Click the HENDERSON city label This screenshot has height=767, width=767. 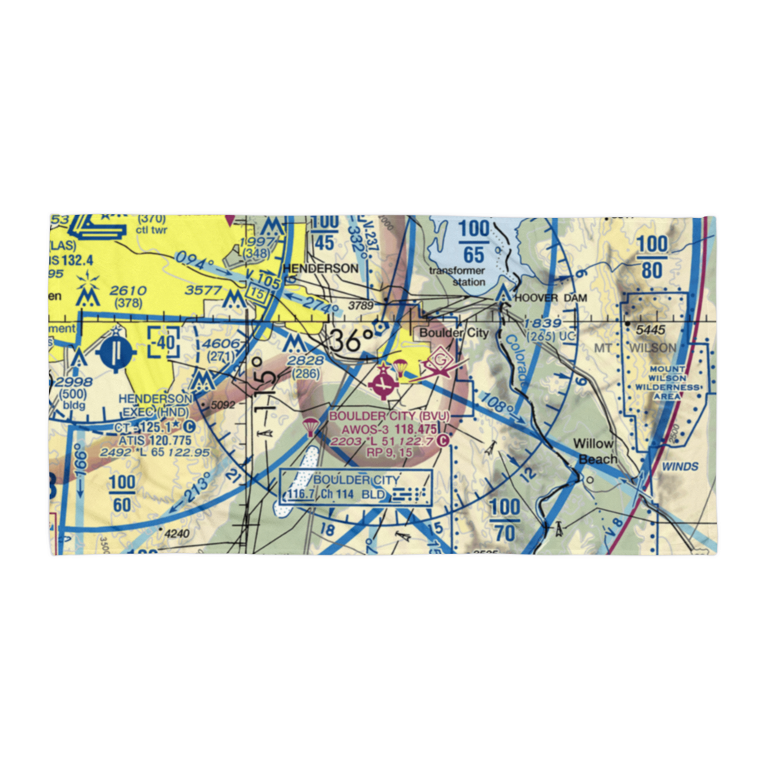pyautogui.click(x=320, y=268)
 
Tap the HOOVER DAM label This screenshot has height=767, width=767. pyautogui.click(x=551, y=298)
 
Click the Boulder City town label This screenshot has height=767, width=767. pyautogui.click(x=453, y=333)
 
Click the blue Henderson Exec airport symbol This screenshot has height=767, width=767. pyautogui.click(x=116, y=352)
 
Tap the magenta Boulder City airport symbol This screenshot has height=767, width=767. pyautogui.click(x=381, y=381)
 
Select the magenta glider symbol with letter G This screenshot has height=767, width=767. pyautogui.click(x=440, y=360)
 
